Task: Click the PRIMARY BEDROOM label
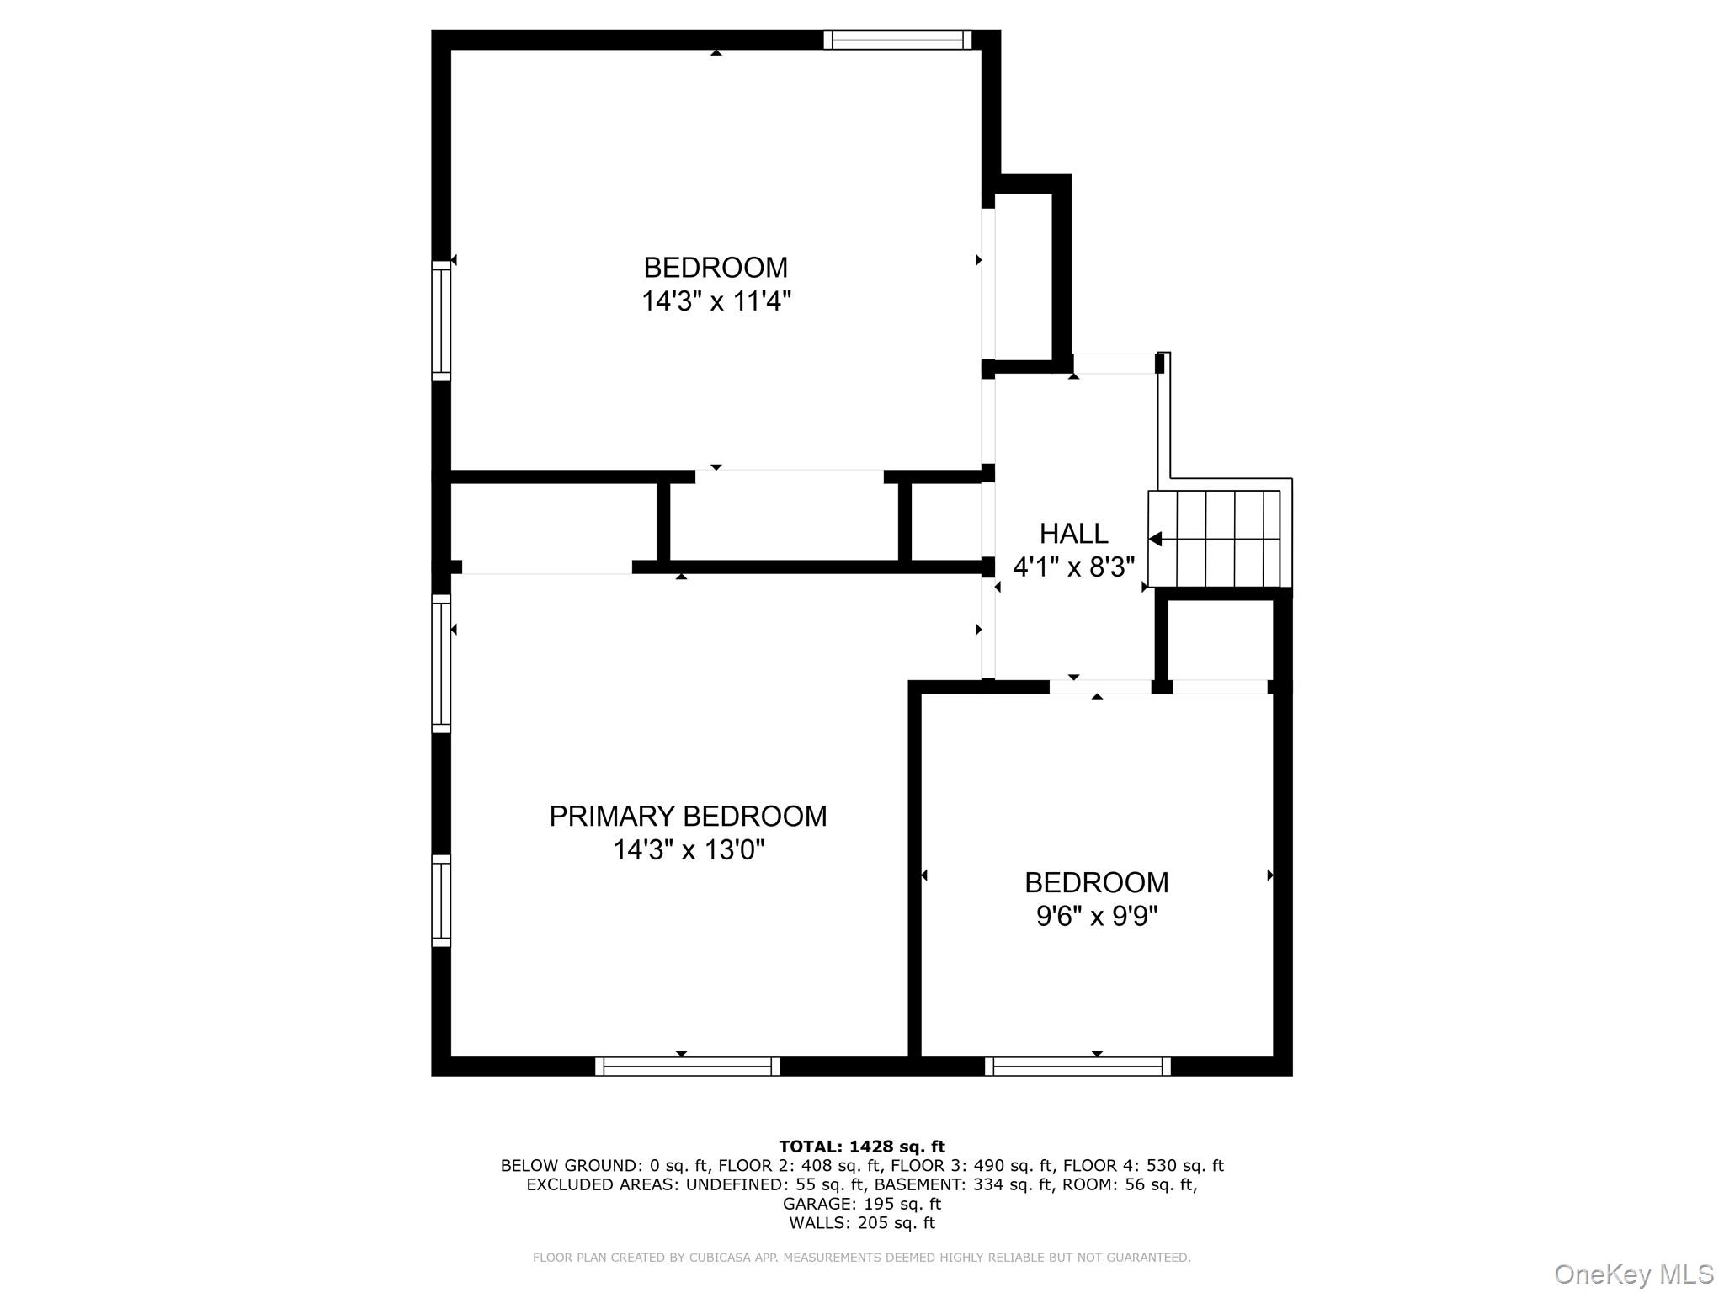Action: click(688, 816)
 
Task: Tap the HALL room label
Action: click(1073, 533)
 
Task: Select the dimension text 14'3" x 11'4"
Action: click(716, 301)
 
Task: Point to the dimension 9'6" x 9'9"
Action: click(1096, 916)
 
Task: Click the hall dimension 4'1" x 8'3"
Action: click(1073, 567)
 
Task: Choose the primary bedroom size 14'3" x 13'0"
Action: click(688, 850)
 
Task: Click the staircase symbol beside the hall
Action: click(1219, 539)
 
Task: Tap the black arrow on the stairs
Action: click(1157, 539)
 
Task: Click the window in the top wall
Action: click(897, 40)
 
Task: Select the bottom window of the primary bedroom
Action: click(687, 1067)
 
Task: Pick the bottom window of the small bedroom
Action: click(1077, 1067)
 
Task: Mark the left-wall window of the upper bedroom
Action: click(441, 320)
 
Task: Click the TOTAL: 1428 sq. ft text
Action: click(861, 1147)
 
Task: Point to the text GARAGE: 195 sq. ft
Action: click(861, 1204)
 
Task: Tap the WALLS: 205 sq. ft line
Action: click(861, 1223)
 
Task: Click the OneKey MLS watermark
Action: click(1633, 1274)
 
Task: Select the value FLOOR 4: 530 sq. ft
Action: click(1142, 1166)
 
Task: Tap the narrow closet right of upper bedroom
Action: click(1024, 278)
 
